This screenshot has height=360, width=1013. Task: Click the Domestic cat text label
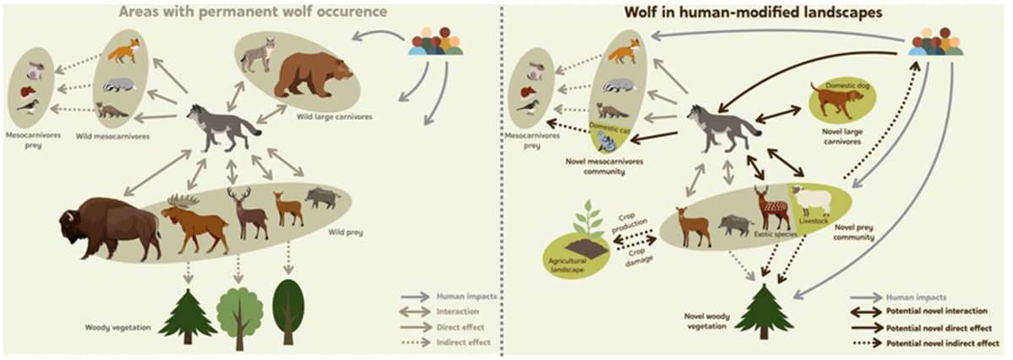tap(608, 126)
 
